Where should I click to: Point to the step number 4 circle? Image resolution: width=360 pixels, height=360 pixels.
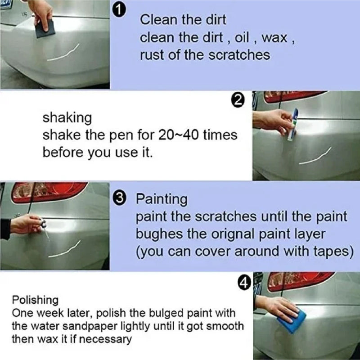[x=243, y=283]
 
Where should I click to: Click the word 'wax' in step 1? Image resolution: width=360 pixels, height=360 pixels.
[x=274, y=37]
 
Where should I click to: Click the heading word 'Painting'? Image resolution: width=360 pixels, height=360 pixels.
[x=162, y=199]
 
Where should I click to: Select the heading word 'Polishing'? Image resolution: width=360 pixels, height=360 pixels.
[x=35, y=300]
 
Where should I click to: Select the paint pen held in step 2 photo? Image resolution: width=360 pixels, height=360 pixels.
[x=292, y=124]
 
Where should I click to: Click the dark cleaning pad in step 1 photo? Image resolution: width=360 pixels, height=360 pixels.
[x=45, y=29]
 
